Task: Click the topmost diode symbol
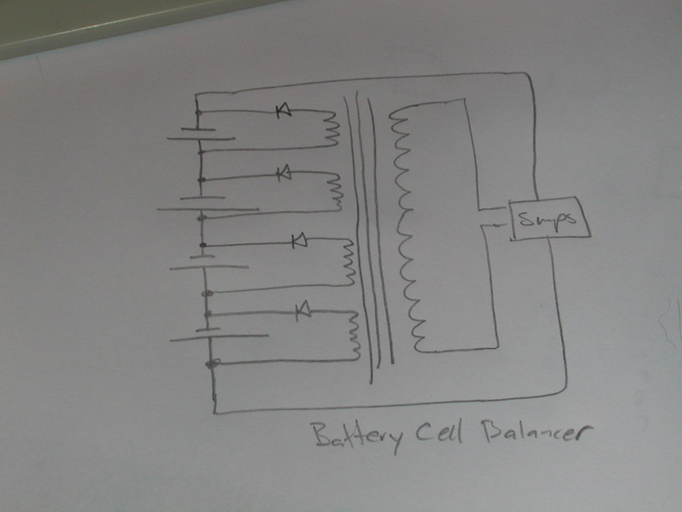pyautogui.click(x=284, y=111)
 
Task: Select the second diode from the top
pyautogui.click(x=285, y=174)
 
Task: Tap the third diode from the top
pyautogui.click(x=299, y=241)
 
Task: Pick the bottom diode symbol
pyautogui.click(x=303, y=311)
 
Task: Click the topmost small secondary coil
pyautogui.click(x=332, y=129)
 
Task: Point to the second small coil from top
pyautogui.click(x=336, y=191)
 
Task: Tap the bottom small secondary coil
pyautogui.click(x=355, y=335)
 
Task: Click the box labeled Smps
pyautogui.click(x=550, y=218)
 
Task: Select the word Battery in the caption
pyautogui.click(x=357, y=435)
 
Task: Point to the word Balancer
pyautogui.click(x=537, y=431)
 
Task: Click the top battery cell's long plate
pyautogui.click(x=201, y=139)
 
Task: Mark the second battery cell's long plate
pyautogui.click(x=208, y=209)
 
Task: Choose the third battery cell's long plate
pyautogui.click(x=209, y=267)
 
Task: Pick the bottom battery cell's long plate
pyautogui.click(x=219, y=337)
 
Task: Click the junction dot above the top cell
pyautogui.click(x=199, y=113)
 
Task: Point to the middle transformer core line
pyautogui.click(x=368, y=230)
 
